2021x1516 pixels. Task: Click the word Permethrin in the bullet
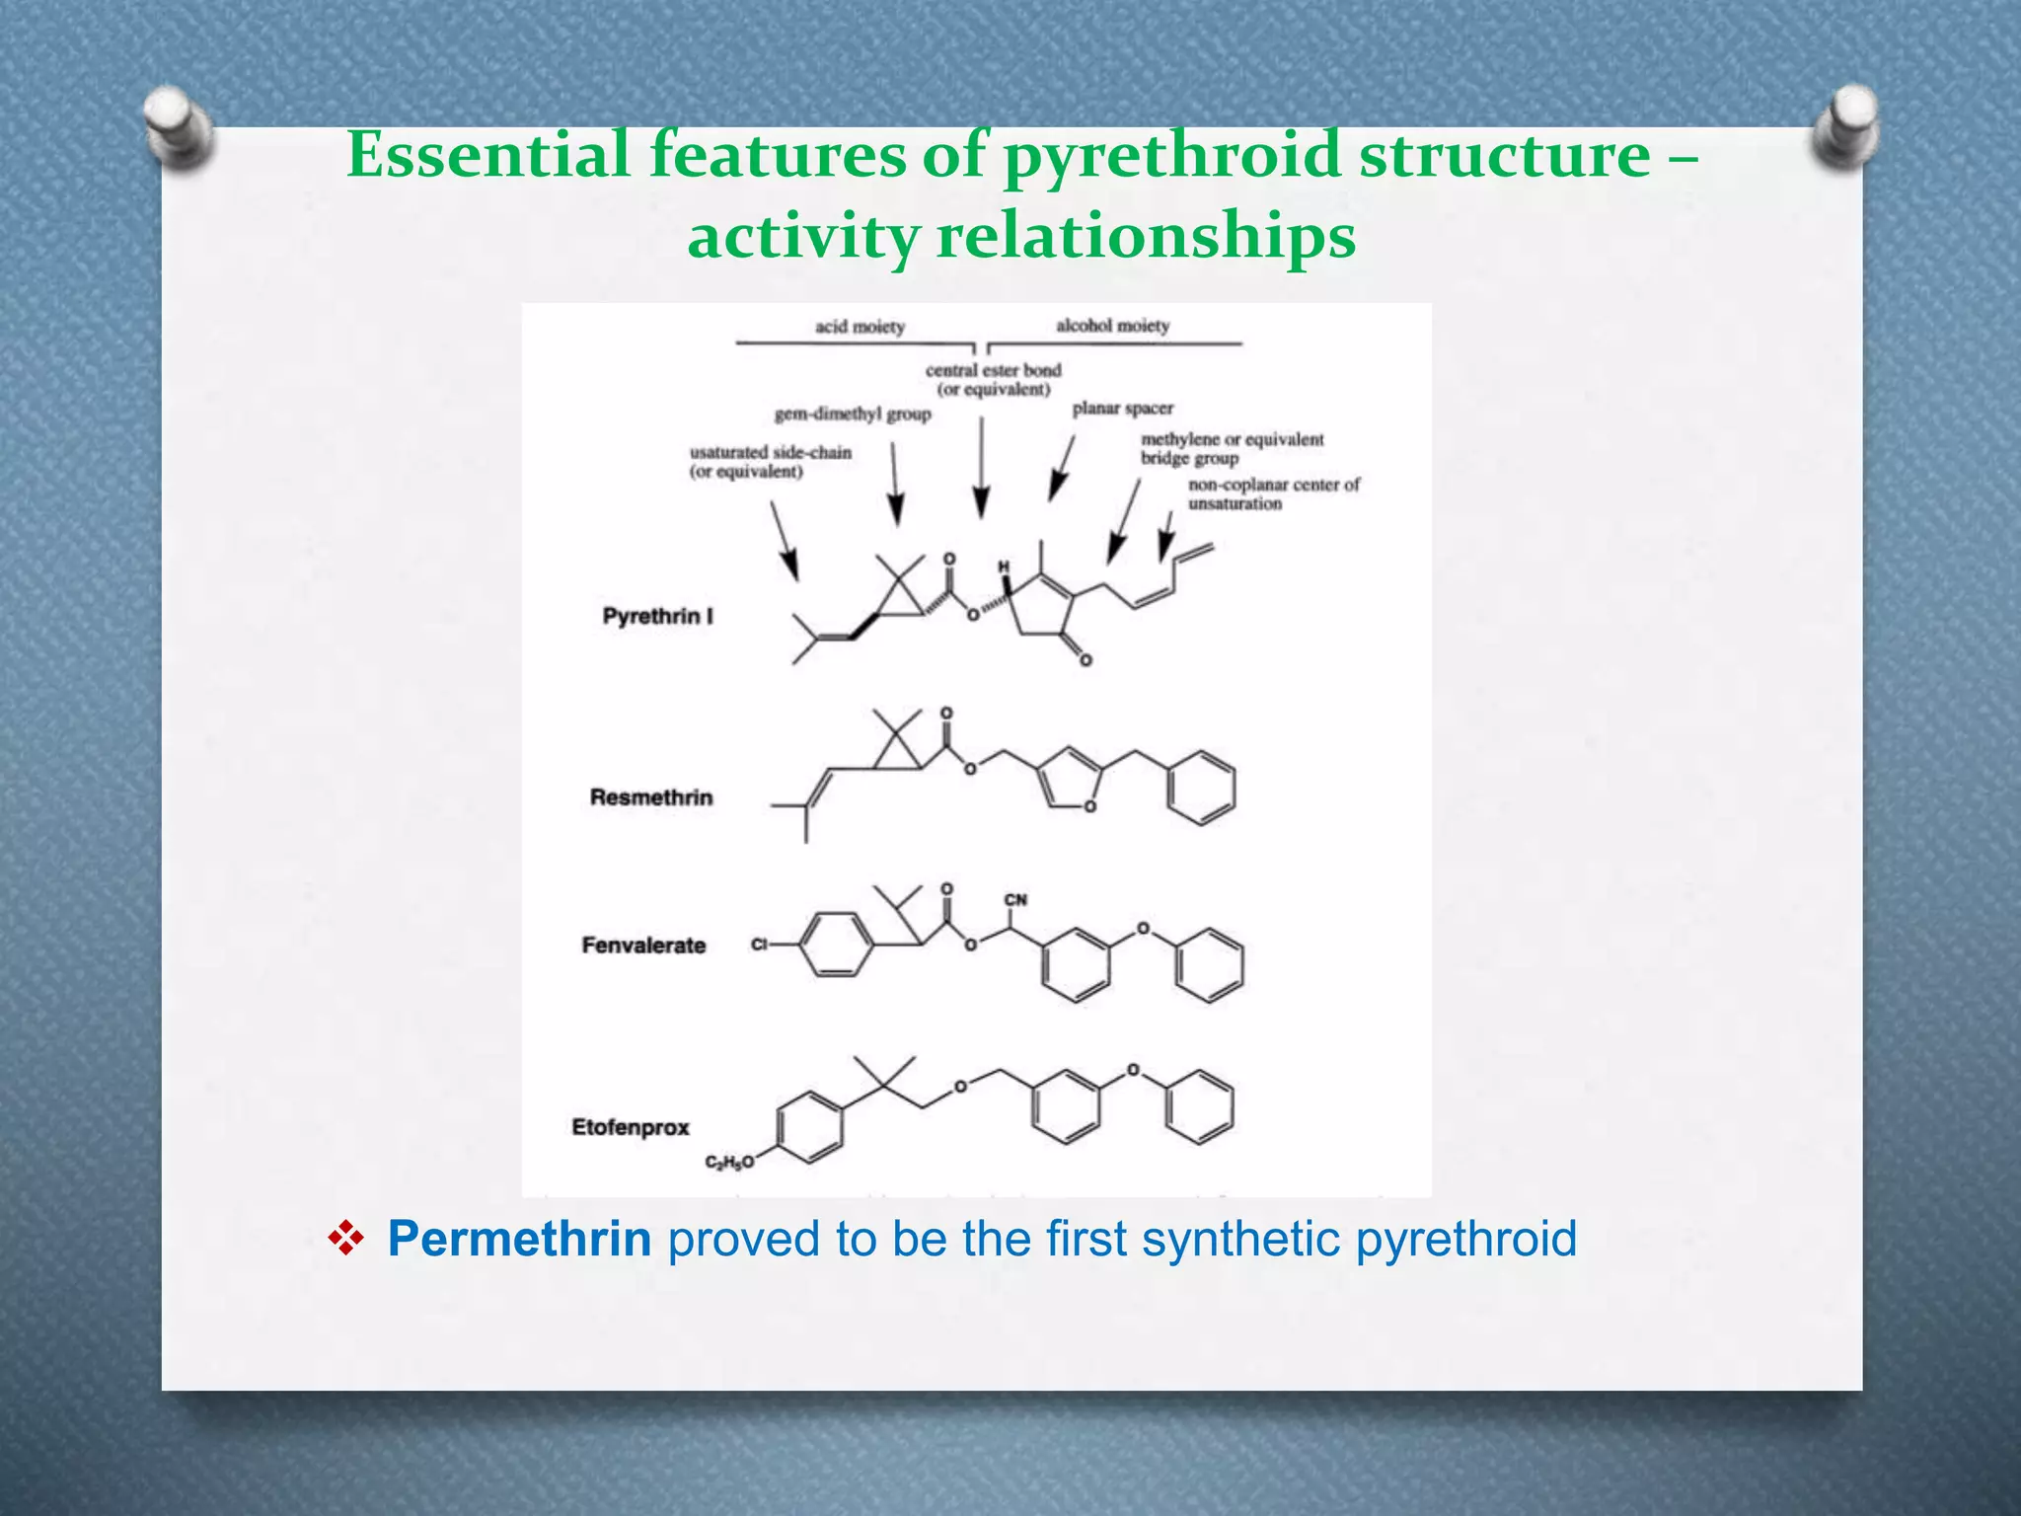click(x=519, y=1240)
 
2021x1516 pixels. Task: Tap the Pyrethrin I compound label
click(x=657, y=617)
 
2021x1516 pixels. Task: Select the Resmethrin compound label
click(x=651, y=797)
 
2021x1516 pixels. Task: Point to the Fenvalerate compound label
click(x=643, y=946)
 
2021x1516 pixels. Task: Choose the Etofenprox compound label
click(x=631, y=1127)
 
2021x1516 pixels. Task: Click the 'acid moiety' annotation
click(x=860, y=327)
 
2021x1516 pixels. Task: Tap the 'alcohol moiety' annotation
click(x=1112, y=326)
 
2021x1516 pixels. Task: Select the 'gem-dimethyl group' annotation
click(x=853, y=415)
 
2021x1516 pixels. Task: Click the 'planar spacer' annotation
click(x=1122, y=409)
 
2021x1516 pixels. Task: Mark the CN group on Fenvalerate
click(x=1015, y=900)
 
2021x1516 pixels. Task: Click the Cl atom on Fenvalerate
click(x=759, y=945)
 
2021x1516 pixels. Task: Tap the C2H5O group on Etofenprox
click(x=729, y=1163)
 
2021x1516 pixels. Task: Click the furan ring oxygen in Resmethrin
click(x=1089, y=806)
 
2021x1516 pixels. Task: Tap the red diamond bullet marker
click(x=346, y=1240)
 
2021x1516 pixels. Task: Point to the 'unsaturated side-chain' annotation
click(x=770, y=462)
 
